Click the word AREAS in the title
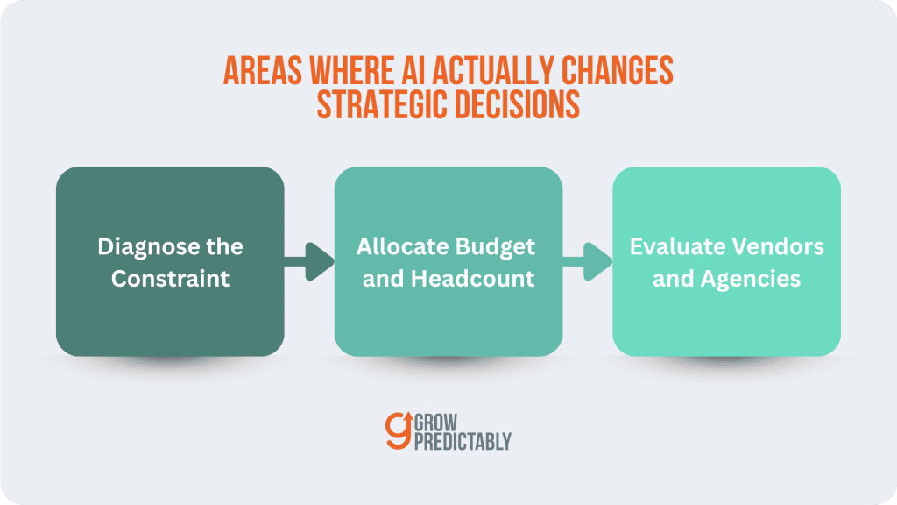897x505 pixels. point(263,70)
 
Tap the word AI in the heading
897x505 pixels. point(413,70)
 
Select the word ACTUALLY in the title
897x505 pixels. point(493,70)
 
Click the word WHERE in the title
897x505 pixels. point(351,70)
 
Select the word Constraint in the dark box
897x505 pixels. point(171,279)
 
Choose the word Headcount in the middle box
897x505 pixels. point(473,279)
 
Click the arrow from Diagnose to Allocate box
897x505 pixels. point(309,261)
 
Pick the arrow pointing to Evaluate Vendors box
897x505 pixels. point(588,261)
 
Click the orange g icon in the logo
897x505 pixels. point(399,430)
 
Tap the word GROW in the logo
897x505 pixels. point(436,423)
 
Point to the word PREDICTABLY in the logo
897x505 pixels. point(463,442)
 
